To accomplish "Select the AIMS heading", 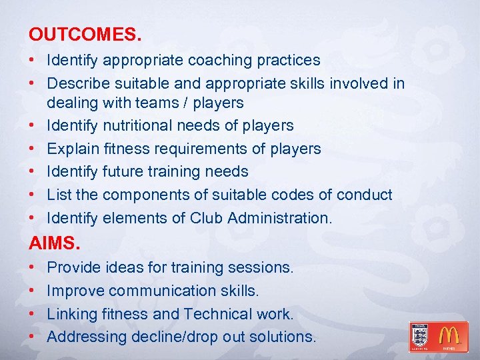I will [51, 242].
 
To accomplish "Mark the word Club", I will [206, 217].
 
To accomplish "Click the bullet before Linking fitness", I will [33, 314].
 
